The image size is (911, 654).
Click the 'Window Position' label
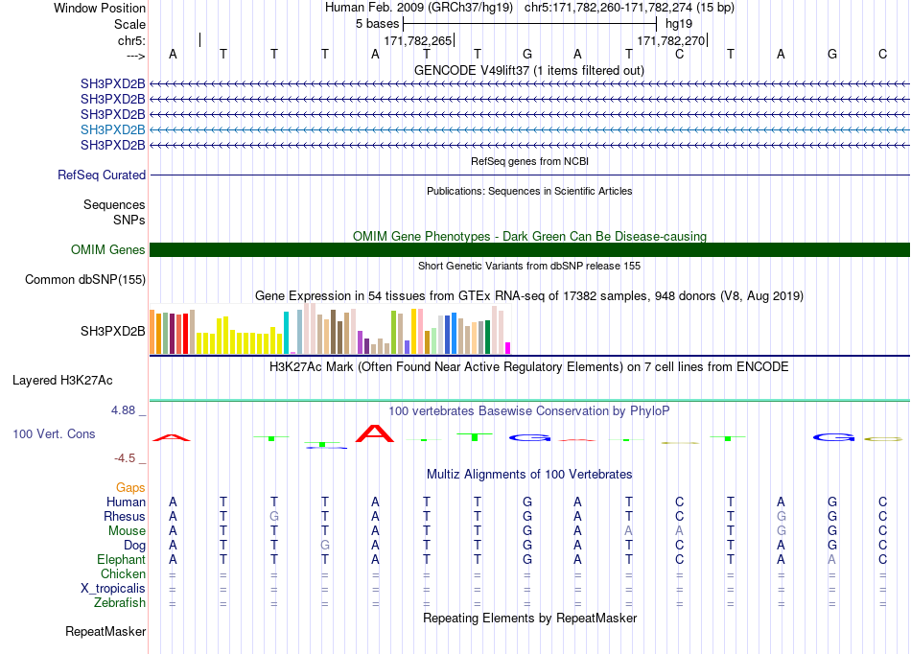pyautogui.click(x=100, y=8)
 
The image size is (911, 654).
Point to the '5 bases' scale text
pyautogui.click(x=378, y=24)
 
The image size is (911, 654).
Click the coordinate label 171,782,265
pyautogui.click(x=418, y=40)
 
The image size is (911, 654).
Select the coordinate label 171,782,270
pyautogui.click(x=671, y=40)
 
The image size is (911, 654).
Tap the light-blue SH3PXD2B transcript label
pyautogui.click(x=113, y=129)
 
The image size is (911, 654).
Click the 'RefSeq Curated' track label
pyautogui.click(x=102, y=175)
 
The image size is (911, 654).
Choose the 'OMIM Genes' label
pyautogui.click(x=108, y=249)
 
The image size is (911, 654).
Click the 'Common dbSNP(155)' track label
pyautogui.click(x=85, y=279)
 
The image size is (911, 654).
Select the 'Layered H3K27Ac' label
pyautogui.click(x=62, y=381)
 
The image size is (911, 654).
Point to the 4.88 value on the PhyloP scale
pyautogui.click(x=123, y=410)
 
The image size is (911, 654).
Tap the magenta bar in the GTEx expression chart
pyautogui.click(x=508, y=348)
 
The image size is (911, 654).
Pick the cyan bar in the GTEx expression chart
pyautogui.click(x=286, y=333)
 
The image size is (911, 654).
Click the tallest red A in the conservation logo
pyautogui.click(x=375, y=433)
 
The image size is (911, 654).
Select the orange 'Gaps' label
pyautogui.click(x=130, y=488)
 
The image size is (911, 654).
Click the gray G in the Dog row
pyautogui.click(x=325, y=546)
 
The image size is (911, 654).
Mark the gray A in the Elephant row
pyautogui.click(x=832, y=559)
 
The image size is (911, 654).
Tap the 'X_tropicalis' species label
pyautogui.click(x=113, y=589)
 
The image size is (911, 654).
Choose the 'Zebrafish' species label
pyautogui.click(x=120, y=603)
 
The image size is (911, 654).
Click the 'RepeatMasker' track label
pyautogui.click(x=105, y=631)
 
